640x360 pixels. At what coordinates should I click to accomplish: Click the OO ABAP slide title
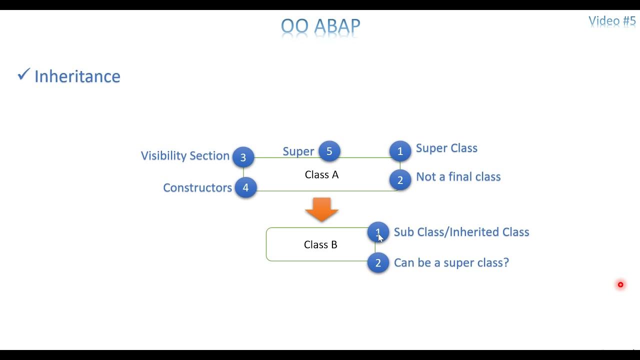(320, 26)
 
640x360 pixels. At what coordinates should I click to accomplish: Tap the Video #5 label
(611, 21)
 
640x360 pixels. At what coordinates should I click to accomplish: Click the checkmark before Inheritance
(23, 74)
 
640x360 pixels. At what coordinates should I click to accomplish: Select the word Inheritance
(77, 76)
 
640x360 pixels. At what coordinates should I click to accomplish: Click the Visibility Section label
(185, 155)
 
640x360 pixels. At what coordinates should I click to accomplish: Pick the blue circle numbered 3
(243, 157)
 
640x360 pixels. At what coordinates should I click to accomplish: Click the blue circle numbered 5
(329, 151)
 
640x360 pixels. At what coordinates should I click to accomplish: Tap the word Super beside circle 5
(298, 151)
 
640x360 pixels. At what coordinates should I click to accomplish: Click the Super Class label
(446, 148)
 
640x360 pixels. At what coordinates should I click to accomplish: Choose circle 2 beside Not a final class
(400, 180)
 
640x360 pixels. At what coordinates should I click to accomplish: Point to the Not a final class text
(458, 176)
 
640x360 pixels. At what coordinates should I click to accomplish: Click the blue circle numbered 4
(245, 187)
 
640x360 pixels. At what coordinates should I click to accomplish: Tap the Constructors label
(197, 187)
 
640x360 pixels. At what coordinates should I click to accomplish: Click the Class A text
(321, 174)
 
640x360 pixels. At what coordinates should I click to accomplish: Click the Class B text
(320, 244)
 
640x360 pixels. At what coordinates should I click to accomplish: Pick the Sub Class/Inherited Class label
(461, 232)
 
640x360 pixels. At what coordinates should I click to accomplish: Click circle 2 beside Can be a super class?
(378, 263)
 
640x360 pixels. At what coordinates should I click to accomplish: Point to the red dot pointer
(620, 284)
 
